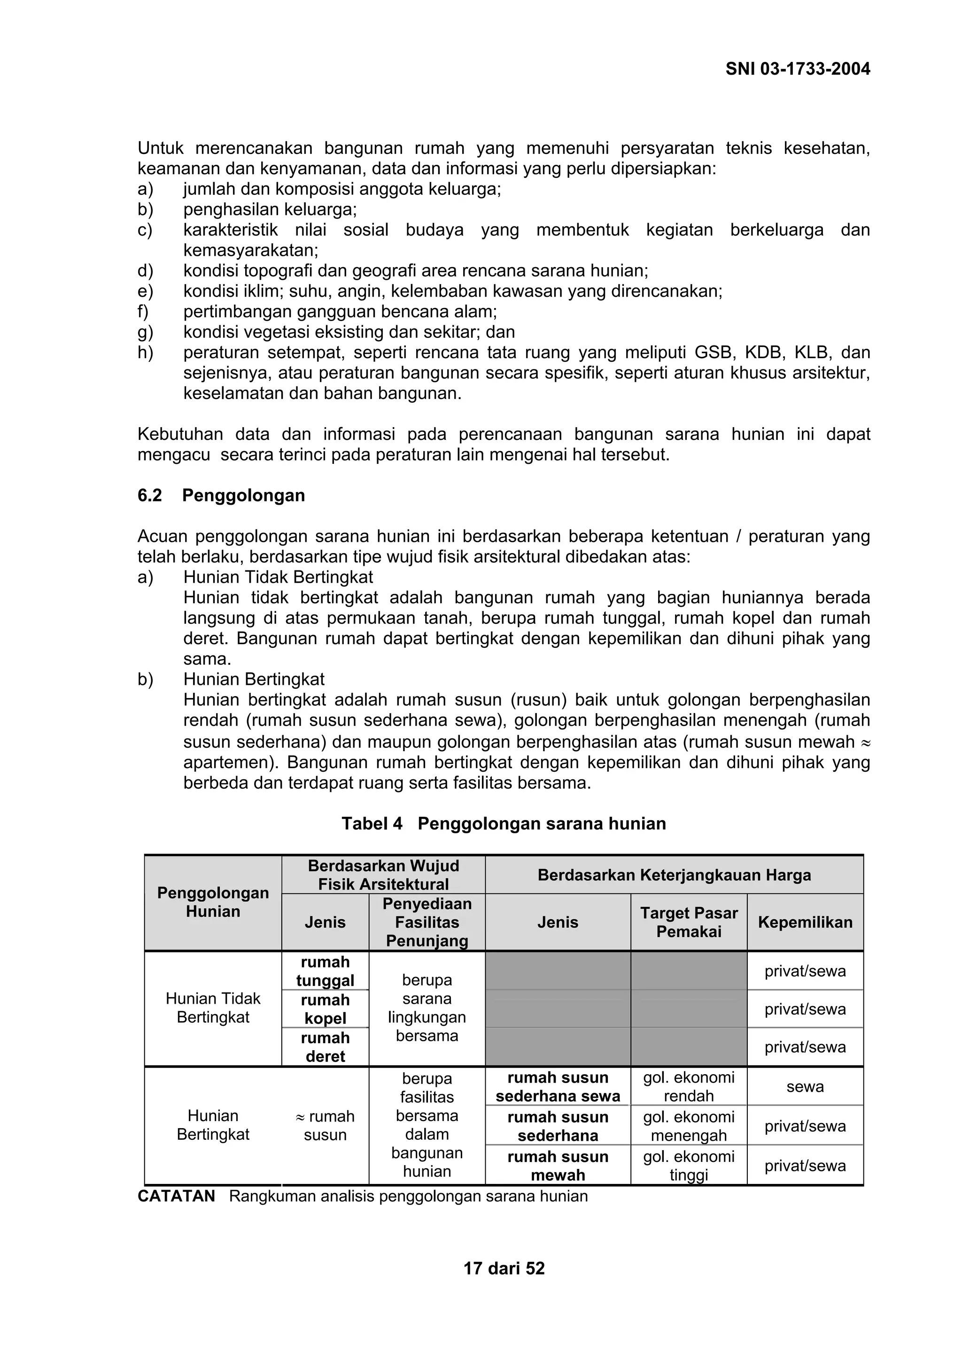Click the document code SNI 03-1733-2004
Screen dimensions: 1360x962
point(797,69)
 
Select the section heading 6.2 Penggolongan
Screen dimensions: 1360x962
point(221,495)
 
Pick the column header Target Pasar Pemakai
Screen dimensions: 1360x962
point(689,922)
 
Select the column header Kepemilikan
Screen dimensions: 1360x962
point(805,922)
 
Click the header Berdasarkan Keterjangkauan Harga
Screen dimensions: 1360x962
point(674,875)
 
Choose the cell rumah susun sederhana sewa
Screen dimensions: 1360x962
point(558,1087)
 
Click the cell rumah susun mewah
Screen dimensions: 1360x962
point(558,1166)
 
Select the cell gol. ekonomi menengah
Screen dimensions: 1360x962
point(689,1126)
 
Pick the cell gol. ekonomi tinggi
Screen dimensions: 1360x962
point(689,1166)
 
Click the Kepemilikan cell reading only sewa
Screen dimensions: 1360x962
point(805,1087)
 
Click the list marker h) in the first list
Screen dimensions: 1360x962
point(145,353)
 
